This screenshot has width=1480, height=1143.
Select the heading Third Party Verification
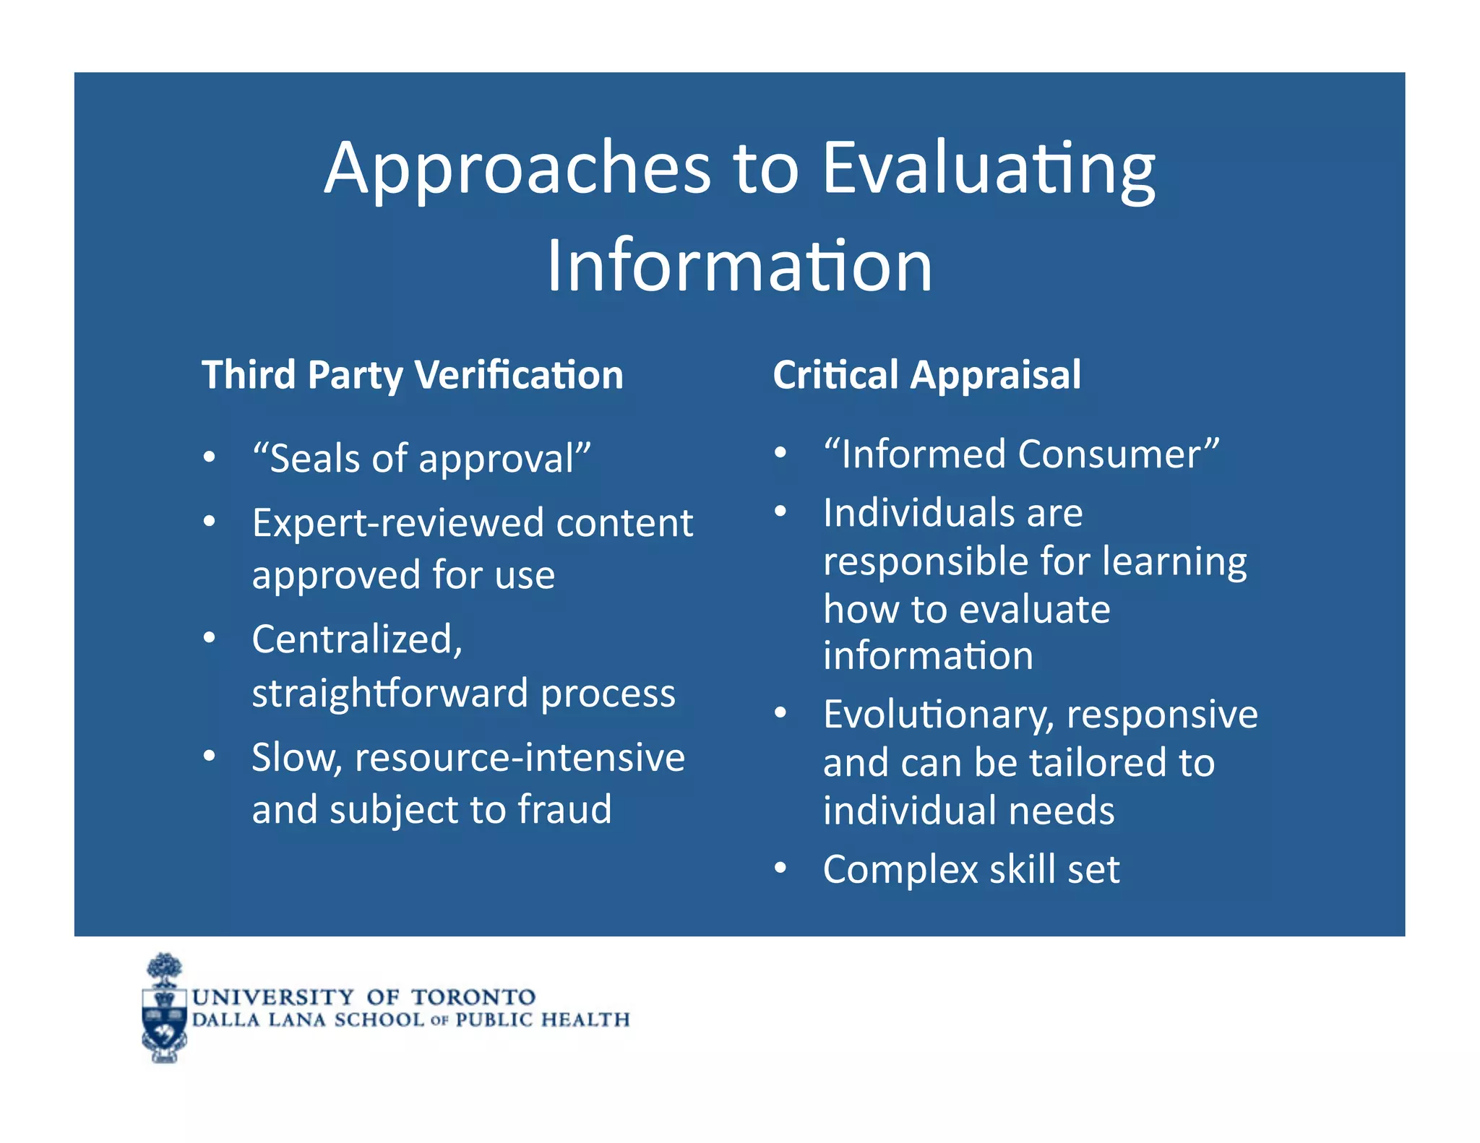[412, 375]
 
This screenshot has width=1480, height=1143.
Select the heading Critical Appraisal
[926, 375]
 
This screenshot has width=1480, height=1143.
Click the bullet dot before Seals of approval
[209, 457]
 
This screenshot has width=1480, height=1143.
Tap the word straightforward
[390, 694]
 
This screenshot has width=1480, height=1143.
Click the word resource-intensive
[519, 757]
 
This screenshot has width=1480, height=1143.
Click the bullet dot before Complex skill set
[780, 868]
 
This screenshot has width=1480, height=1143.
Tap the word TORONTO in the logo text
[473, 998]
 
